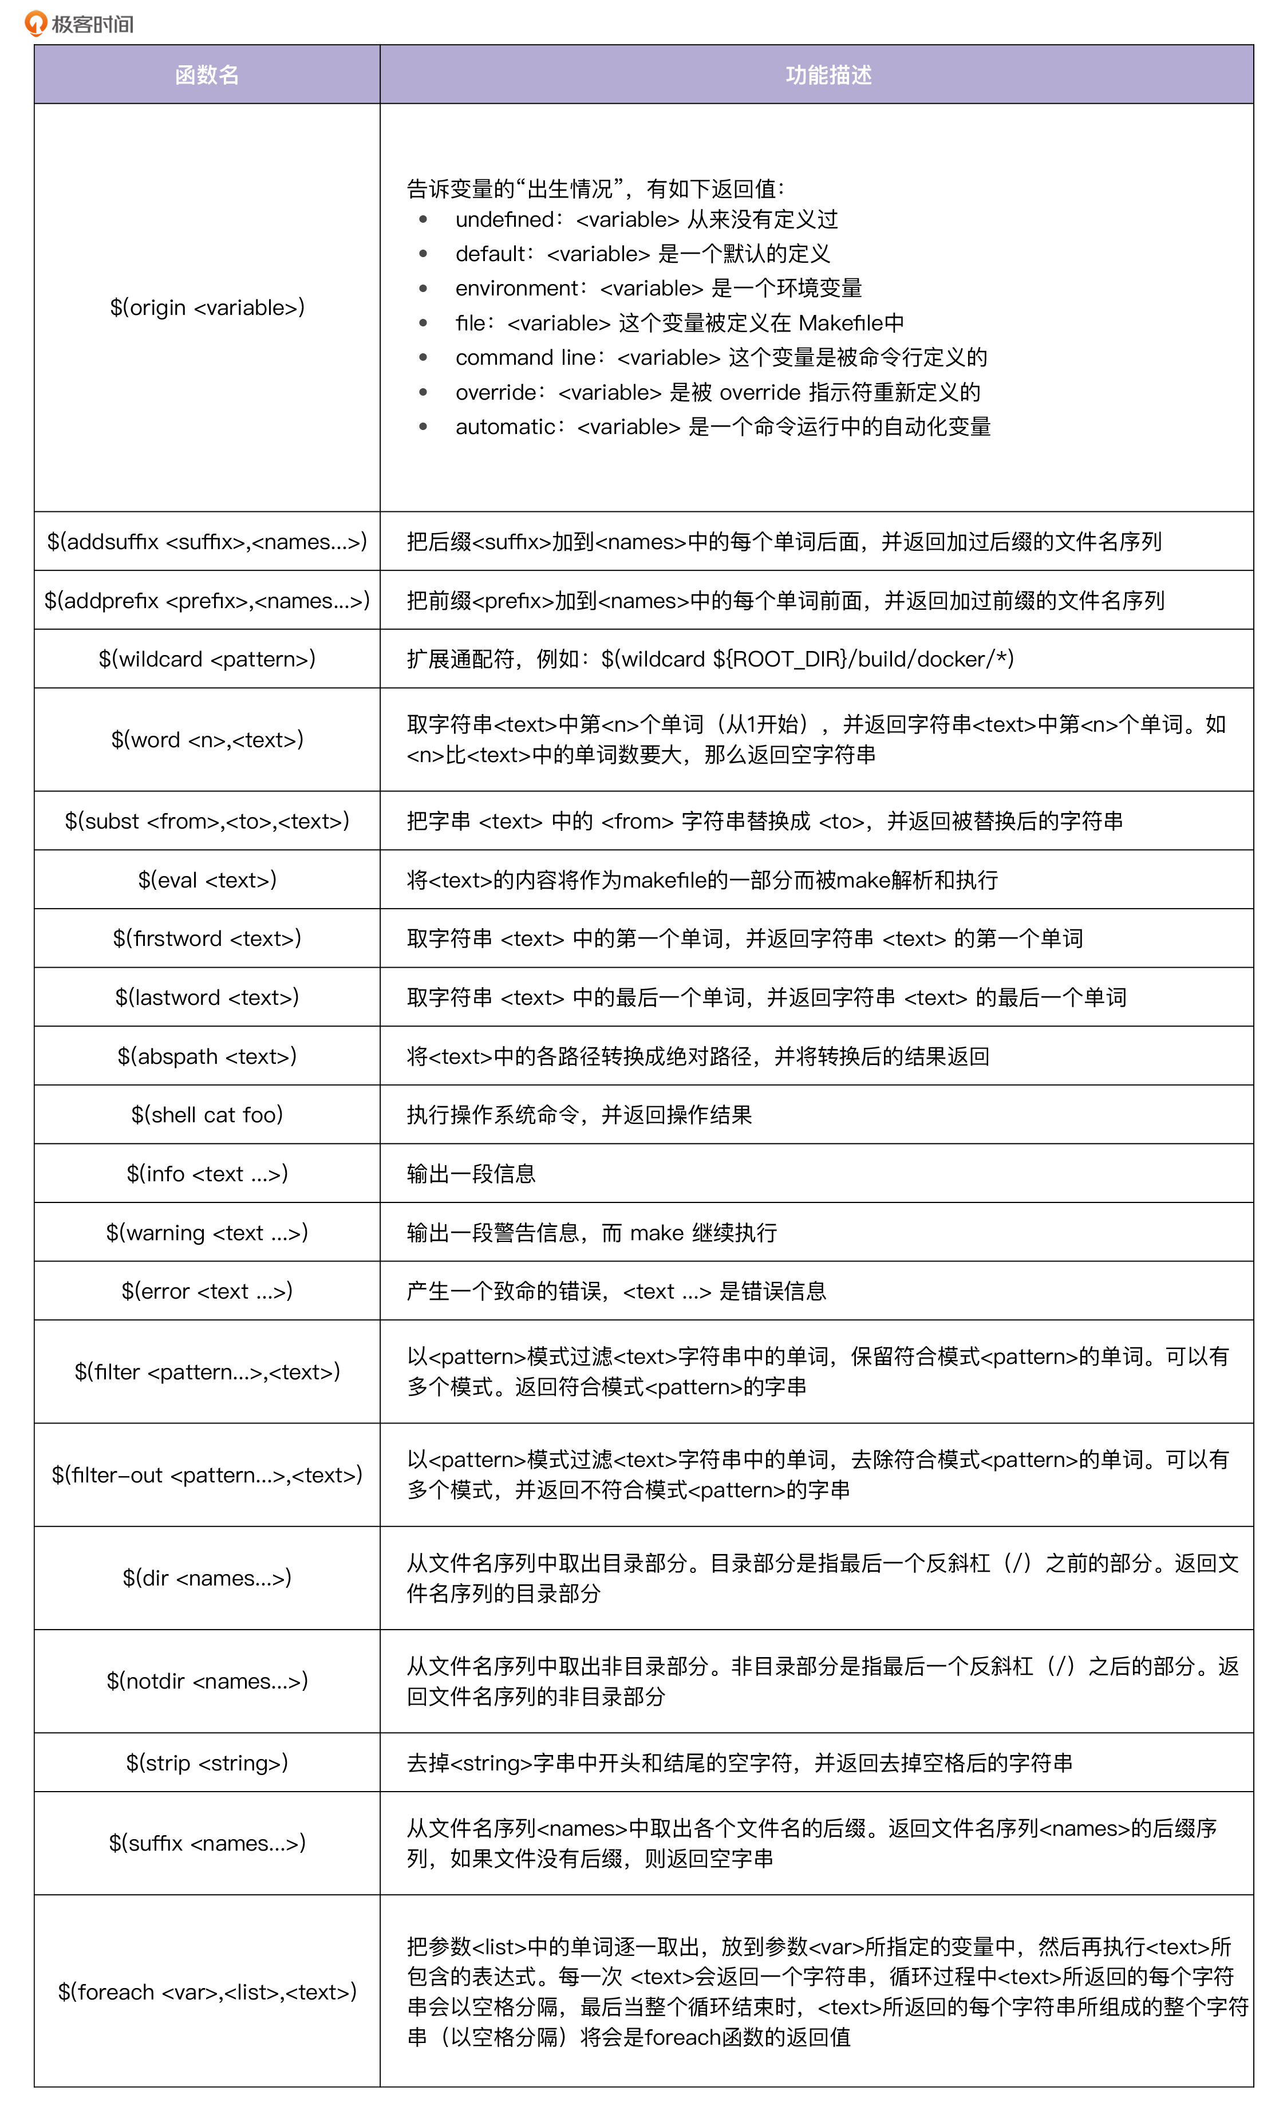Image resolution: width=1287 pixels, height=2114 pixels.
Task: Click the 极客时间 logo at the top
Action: [79, 23]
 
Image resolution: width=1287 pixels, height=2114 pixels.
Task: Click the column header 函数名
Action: [207, 74]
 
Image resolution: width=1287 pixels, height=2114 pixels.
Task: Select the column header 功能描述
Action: [828, 74]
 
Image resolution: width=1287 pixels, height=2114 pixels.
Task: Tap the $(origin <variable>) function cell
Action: [207, 307]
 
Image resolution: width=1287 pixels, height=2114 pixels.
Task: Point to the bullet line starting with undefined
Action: [646, 220]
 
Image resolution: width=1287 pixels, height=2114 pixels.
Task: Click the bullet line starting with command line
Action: [721, 358]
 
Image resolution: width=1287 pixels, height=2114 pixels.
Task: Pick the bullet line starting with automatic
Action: [723, 427]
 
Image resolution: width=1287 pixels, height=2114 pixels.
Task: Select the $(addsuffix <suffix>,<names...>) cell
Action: [207, 541]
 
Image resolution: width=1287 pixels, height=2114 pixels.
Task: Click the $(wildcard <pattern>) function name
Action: [207, 659]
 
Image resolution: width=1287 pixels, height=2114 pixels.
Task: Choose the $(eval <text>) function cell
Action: [207, 879]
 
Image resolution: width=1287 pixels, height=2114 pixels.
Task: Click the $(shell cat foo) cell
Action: [207, 1114]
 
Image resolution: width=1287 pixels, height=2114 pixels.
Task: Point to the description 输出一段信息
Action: [471, 1174]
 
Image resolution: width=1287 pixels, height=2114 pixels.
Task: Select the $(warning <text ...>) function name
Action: [207, 1233]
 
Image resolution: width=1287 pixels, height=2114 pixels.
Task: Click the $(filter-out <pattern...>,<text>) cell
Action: [207, 1475]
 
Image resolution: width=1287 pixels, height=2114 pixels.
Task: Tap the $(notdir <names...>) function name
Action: [207, 1681]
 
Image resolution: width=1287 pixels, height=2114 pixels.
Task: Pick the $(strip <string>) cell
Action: [207, 1763]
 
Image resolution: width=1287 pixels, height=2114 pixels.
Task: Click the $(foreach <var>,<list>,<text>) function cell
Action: [207, 1991]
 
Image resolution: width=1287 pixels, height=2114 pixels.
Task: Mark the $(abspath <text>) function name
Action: [207, 1056]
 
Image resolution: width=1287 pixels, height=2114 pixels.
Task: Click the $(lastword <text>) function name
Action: [207, 997]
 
